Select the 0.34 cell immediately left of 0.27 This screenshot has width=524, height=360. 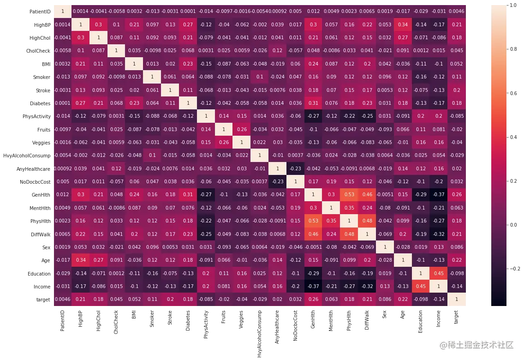pyautogui.click(x=81, y=260)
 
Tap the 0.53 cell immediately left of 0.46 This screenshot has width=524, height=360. pyautogui.click(x=349, y=195)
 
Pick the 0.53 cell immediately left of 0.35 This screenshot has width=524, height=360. pyautogui.click(x=314, y=221)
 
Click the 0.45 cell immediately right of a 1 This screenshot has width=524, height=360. pyautogui.click(x=438, y=273)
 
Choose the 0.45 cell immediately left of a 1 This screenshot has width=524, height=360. pyautogui.click(x=420, y=286)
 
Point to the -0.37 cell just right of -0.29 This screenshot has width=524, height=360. pyautogui.click(x=438, y=195)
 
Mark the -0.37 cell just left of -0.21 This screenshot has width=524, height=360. pyautogui.click(x=314, y=286)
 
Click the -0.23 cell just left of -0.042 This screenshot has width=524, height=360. pyautogui.click(x=296, y=168)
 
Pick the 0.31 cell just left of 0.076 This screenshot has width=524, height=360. pyautogui.click(x=314, y=103)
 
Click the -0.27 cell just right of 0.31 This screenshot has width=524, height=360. pyautogui.click(x=206, y=195)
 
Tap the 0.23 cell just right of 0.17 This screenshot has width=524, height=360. pyautogui.click(x=188, y=234)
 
